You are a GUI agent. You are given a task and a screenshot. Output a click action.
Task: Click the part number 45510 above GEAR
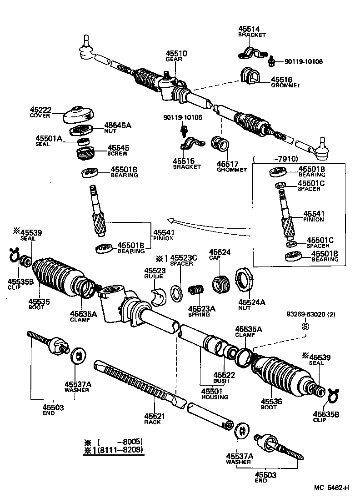176,53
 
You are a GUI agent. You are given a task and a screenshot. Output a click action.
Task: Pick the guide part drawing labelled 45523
159,296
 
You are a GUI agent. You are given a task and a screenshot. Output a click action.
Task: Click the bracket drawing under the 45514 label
253,52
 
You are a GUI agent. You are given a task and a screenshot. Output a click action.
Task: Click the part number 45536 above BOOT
271,401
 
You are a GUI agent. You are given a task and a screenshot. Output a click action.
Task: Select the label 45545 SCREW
118,151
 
